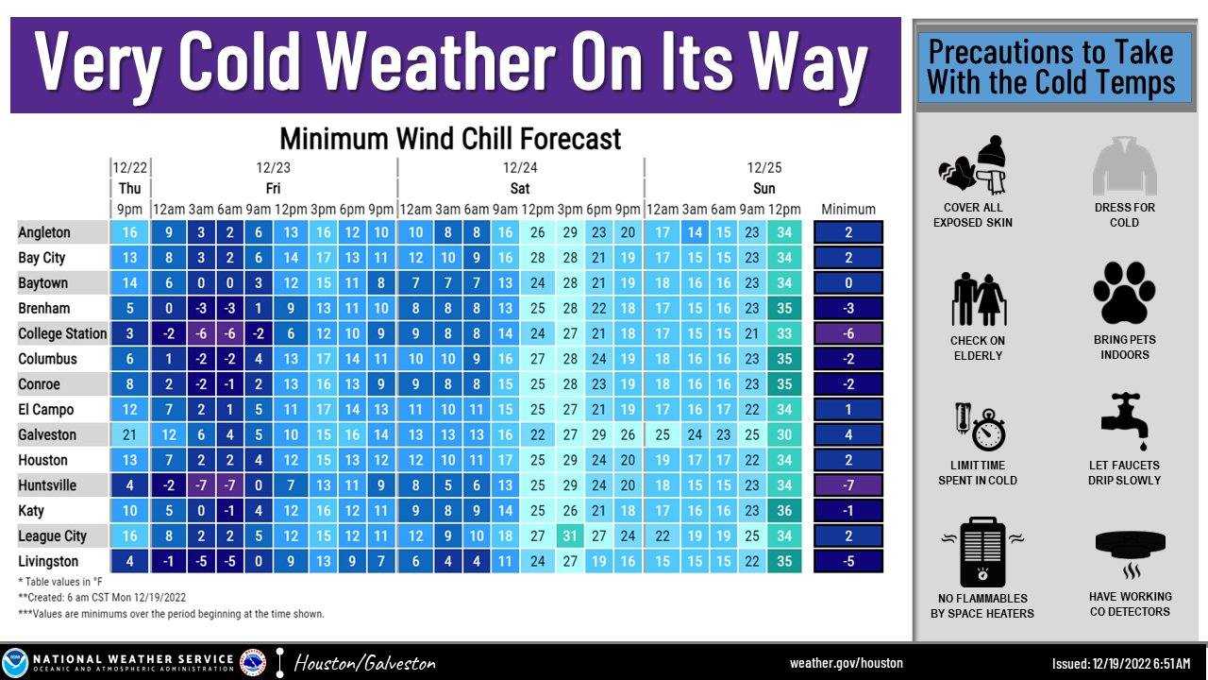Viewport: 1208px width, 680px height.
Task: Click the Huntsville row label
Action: click(47, 485)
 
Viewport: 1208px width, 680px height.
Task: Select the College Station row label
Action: click(62, 333)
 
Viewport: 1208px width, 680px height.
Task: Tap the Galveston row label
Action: click(47, 434)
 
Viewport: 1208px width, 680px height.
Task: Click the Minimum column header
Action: click(848, 209)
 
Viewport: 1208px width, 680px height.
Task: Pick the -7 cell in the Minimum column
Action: click(848, 485)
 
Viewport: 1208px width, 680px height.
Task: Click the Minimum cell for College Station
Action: click(848, 333)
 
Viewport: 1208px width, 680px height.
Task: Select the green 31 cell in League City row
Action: click(570, 535)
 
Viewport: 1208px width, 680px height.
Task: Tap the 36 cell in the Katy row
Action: click(784, 511)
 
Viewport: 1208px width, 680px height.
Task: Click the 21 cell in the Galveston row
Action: click(129, 434)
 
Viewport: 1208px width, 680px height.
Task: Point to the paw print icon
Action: click(1124, 293)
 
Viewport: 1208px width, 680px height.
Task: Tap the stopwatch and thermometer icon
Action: click(980, 426)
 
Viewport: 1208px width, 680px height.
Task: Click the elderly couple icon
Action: click(979, 299)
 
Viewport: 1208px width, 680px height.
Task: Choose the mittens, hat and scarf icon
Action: click(972, 164)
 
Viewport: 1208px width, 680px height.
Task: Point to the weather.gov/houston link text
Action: click(847, 663)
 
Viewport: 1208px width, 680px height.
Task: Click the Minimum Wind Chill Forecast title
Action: click(450, 139)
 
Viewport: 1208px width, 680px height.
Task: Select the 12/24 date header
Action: click(520, 168)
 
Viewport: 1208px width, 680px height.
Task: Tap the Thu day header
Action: click(129, 188)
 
